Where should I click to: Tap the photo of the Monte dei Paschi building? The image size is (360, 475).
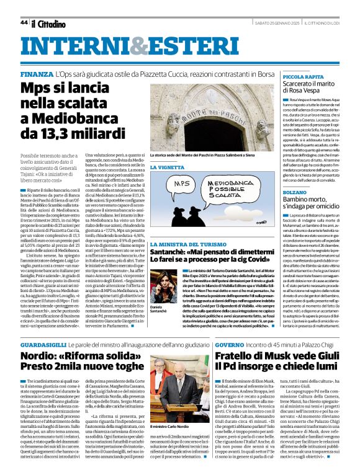[207, 118]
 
